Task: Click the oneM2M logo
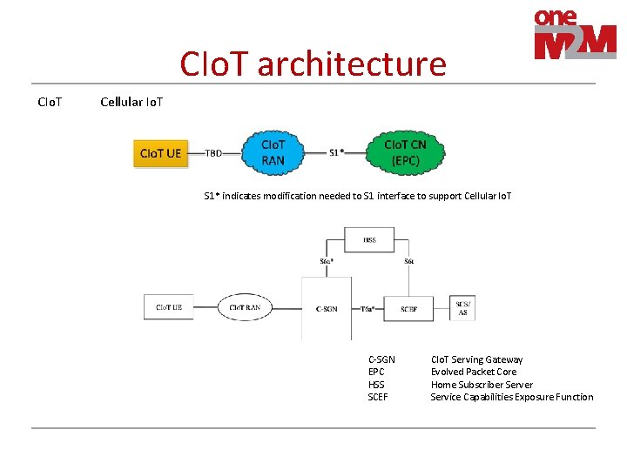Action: [x=575, y=36]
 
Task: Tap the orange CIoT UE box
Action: [x=161, y=153]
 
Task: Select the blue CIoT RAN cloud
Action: [x=273, y=152]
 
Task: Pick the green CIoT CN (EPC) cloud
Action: [x=405, y=152]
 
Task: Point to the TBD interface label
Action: [x=213, y=153]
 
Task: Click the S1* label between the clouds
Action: [x=337, y=153]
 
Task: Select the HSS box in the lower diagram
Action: [x=370, y=239]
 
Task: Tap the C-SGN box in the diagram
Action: [x=327, y=308]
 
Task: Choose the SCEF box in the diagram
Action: [x=408, y=308]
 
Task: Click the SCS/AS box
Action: [x=462, y=308]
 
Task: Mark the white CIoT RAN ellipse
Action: [x=245, y=307]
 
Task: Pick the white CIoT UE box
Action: [x=169, y=307]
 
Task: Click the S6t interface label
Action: [x=408, y=261]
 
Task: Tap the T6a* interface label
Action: [x=368, y=308]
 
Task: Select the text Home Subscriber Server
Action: [x=482, y=385]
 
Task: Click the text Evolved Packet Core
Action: [x=473, y=372]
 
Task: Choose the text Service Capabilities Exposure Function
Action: [x=511, y=397]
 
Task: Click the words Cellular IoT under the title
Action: [x=131, y=102]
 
